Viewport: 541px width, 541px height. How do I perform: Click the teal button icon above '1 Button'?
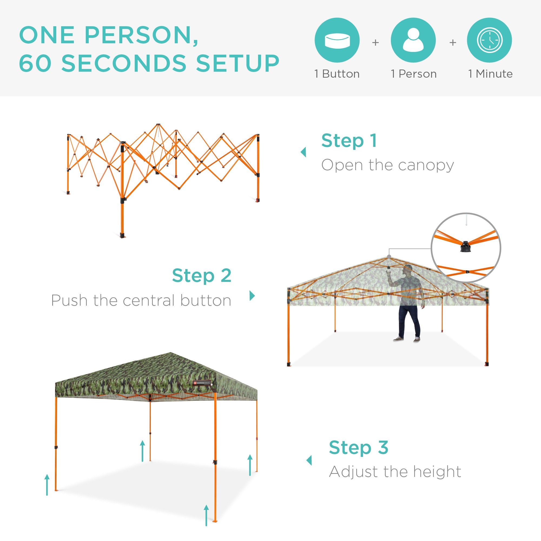pos(337,40)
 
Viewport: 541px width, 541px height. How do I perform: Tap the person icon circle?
pos(413,40)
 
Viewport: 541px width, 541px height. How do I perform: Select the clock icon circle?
pos(490,40)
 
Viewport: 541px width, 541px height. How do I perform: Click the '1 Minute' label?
pos(490,74)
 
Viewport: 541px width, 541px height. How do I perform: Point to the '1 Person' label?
pos(414,74)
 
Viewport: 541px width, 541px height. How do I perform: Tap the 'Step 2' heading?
pos(202,276)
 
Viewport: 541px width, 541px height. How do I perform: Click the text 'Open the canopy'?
pos(387,165)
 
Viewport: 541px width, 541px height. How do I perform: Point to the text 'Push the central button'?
pos(141,301)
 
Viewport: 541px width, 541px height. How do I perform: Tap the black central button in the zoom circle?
pos(465,246)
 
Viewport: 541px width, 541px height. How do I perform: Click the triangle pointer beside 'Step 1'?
pos(303,152)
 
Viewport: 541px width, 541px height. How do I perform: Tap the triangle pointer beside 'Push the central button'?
pos(252,295)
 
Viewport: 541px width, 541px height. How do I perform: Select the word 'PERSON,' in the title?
pos(141,35)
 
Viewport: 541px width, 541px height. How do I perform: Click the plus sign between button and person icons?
pos(375,42)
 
